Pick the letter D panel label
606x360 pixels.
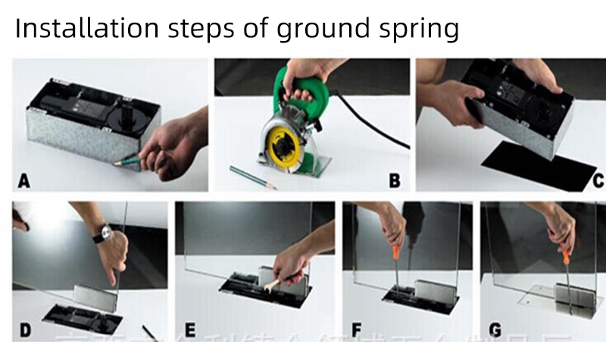pos(24,330)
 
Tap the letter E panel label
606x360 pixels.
pos(189,330)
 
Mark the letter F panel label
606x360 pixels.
pos(356,330)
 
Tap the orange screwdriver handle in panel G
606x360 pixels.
pos(567,246)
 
